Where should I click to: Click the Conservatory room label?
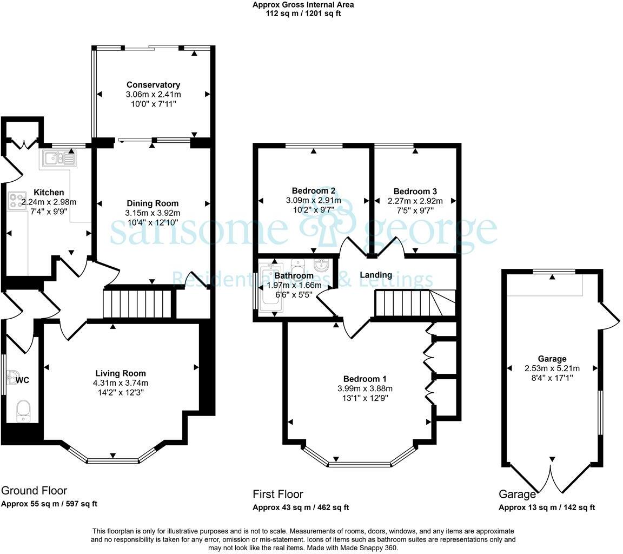click(x=154, y=84)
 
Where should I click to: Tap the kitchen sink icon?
click(x=59, y=159)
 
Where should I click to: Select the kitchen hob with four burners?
click(x=17, y=201)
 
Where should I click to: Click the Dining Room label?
click(x=153, y=203)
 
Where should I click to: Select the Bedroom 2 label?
click(x=314, y=191)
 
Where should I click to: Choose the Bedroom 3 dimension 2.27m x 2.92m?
click(x=415, y=201)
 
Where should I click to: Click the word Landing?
click(x=376, y=275)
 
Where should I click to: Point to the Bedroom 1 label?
click(x=364, y=379)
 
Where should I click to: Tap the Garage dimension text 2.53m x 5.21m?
click(x=552, y=368)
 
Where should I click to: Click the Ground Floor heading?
click(x=34, y=491)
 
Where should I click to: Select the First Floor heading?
click(x=278, y=494)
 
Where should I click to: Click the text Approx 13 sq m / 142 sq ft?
click(x=547, y=507)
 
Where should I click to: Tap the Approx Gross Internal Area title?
click(x=303, y=5)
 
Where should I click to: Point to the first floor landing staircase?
click(x=415, y=303)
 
